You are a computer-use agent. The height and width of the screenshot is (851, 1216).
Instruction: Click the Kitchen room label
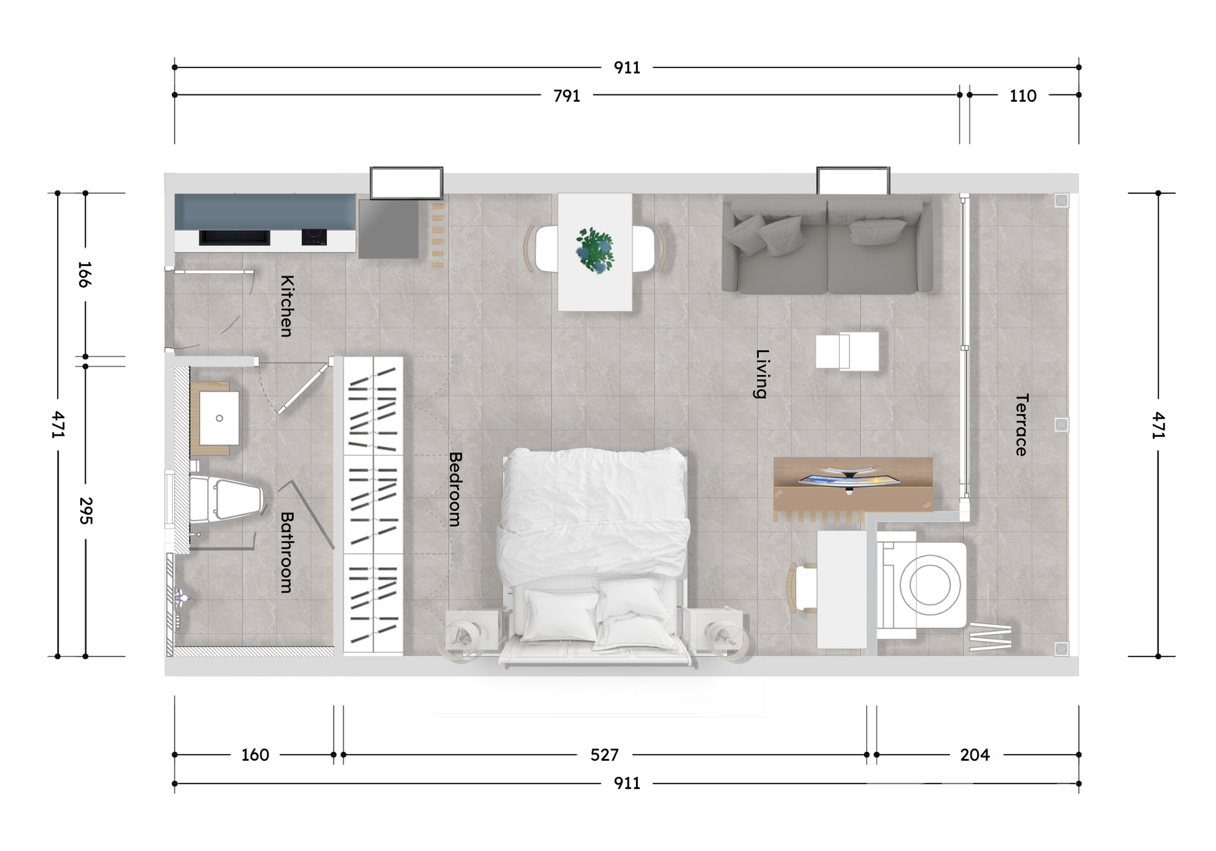click(x=286, y=306)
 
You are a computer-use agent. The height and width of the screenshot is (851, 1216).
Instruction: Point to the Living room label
click(x=761, y=374)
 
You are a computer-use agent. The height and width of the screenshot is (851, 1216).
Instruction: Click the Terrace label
click(x=1021, y=425)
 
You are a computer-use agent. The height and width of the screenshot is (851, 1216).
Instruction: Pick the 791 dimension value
click(x=567, y=96)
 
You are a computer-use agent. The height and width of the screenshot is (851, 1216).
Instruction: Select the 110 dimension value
click(x=1023, y=96)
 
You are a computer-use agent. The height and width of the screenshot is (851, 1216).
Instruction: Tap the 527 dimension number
click(x=604, y=755)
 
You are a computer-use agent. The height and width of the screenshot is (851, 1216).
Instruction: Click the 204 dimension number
click(x=975, y=755)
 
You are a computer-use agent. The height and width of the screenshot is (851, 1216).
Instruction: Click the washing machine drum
click(x=930, y=585)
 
